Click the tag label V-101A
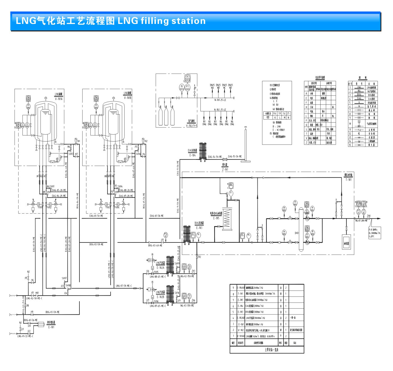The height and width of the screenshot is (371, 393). pos(59,99)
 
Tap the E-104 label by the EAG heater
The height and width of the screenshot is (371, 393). pos(193,155)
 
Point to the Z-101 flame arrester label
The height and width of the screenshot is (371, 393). pos(225,169)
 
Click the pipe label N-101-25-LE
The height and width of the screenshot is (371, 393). pos(220,100)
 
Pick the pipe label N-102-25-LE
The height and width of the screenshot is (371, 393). pos(220,110)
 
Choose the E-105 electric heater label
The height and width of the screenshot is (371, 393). pos(216,218)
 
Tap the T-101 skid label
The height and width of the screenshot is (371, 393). pos(348,179)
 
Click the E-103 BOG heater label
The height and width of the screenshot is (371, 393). pos(199,228)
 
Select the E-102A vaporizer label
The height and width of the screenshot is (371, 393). pos(161,268)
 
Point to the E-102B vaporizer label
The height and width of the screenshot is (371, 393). pos(160,297)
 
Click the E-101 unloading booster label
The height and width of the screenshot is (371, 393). pos(51,327)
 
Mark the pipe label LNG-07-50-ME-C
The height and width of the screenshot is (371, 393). pos(124,286)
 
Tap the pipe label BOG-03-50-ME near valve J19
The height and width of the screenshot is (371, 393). pos(52,312)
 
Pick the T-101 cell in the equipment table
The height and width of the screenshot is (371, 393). pos(241,294)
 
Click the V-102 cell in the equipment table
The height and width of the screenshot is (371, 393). pos(241,330)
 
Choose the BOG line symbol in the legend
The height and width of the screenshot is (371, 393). pos(359,95)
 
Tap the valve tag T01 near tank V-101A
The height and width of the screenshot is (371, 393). pos(78,141)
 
